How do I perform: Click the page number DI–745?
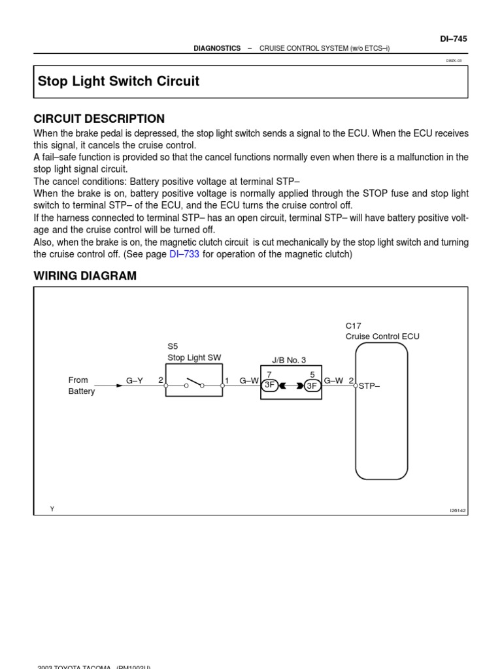point(453,39)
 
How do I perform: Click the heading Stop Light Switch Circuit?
point(118,82)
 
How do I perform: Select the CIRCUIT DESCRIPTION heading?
point(99,119)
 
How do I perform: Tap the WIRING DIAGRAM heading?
point(85,276)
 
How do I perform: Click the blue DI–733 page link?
point(184,254)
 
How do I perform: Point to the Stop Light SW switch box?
point(193,381)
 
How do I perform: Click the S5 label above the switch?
point(173,347)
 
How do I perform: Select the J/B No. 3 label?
point(289,360)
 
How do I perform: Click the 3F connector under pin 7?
point(269,385)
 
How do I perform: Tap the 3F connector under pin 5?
point(312,385)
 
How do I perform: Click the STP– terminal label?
point(369,386)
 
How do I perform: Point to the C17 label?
point(353,325)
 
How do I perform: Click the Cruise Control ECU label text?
point(382,336)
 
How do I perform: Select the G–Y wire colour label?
point(135,380)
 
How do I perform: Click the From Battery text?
point(81,385)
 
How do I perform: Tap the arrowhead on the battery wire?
point(119,385)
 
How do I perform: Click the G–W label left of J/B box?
point(249,380)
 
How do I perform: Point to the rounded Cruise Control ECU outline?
point(382,412)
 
